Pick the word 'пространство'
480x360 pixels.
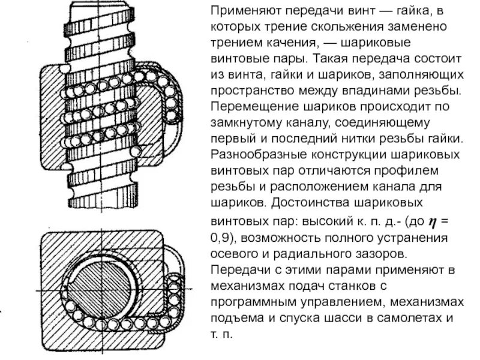click(x=246, y=92)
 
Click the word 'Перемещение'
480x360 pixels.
click(x=247, y=108)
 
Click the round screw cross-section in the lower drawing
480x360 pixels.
click(x=102, y=283)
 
